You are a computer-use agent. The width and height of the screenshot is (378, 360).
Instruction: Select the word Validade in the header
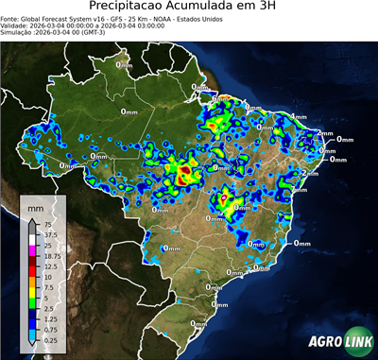pyautogui.click(x=17, y=27)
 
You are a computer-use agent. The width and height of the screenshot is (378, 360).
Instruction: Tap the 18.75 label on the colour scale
pyautogui.click(x=49, y=256)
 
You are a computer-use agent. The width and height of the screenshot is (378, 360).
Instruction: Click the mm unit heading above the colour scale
pyautogui.click(x=35, y=206)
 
